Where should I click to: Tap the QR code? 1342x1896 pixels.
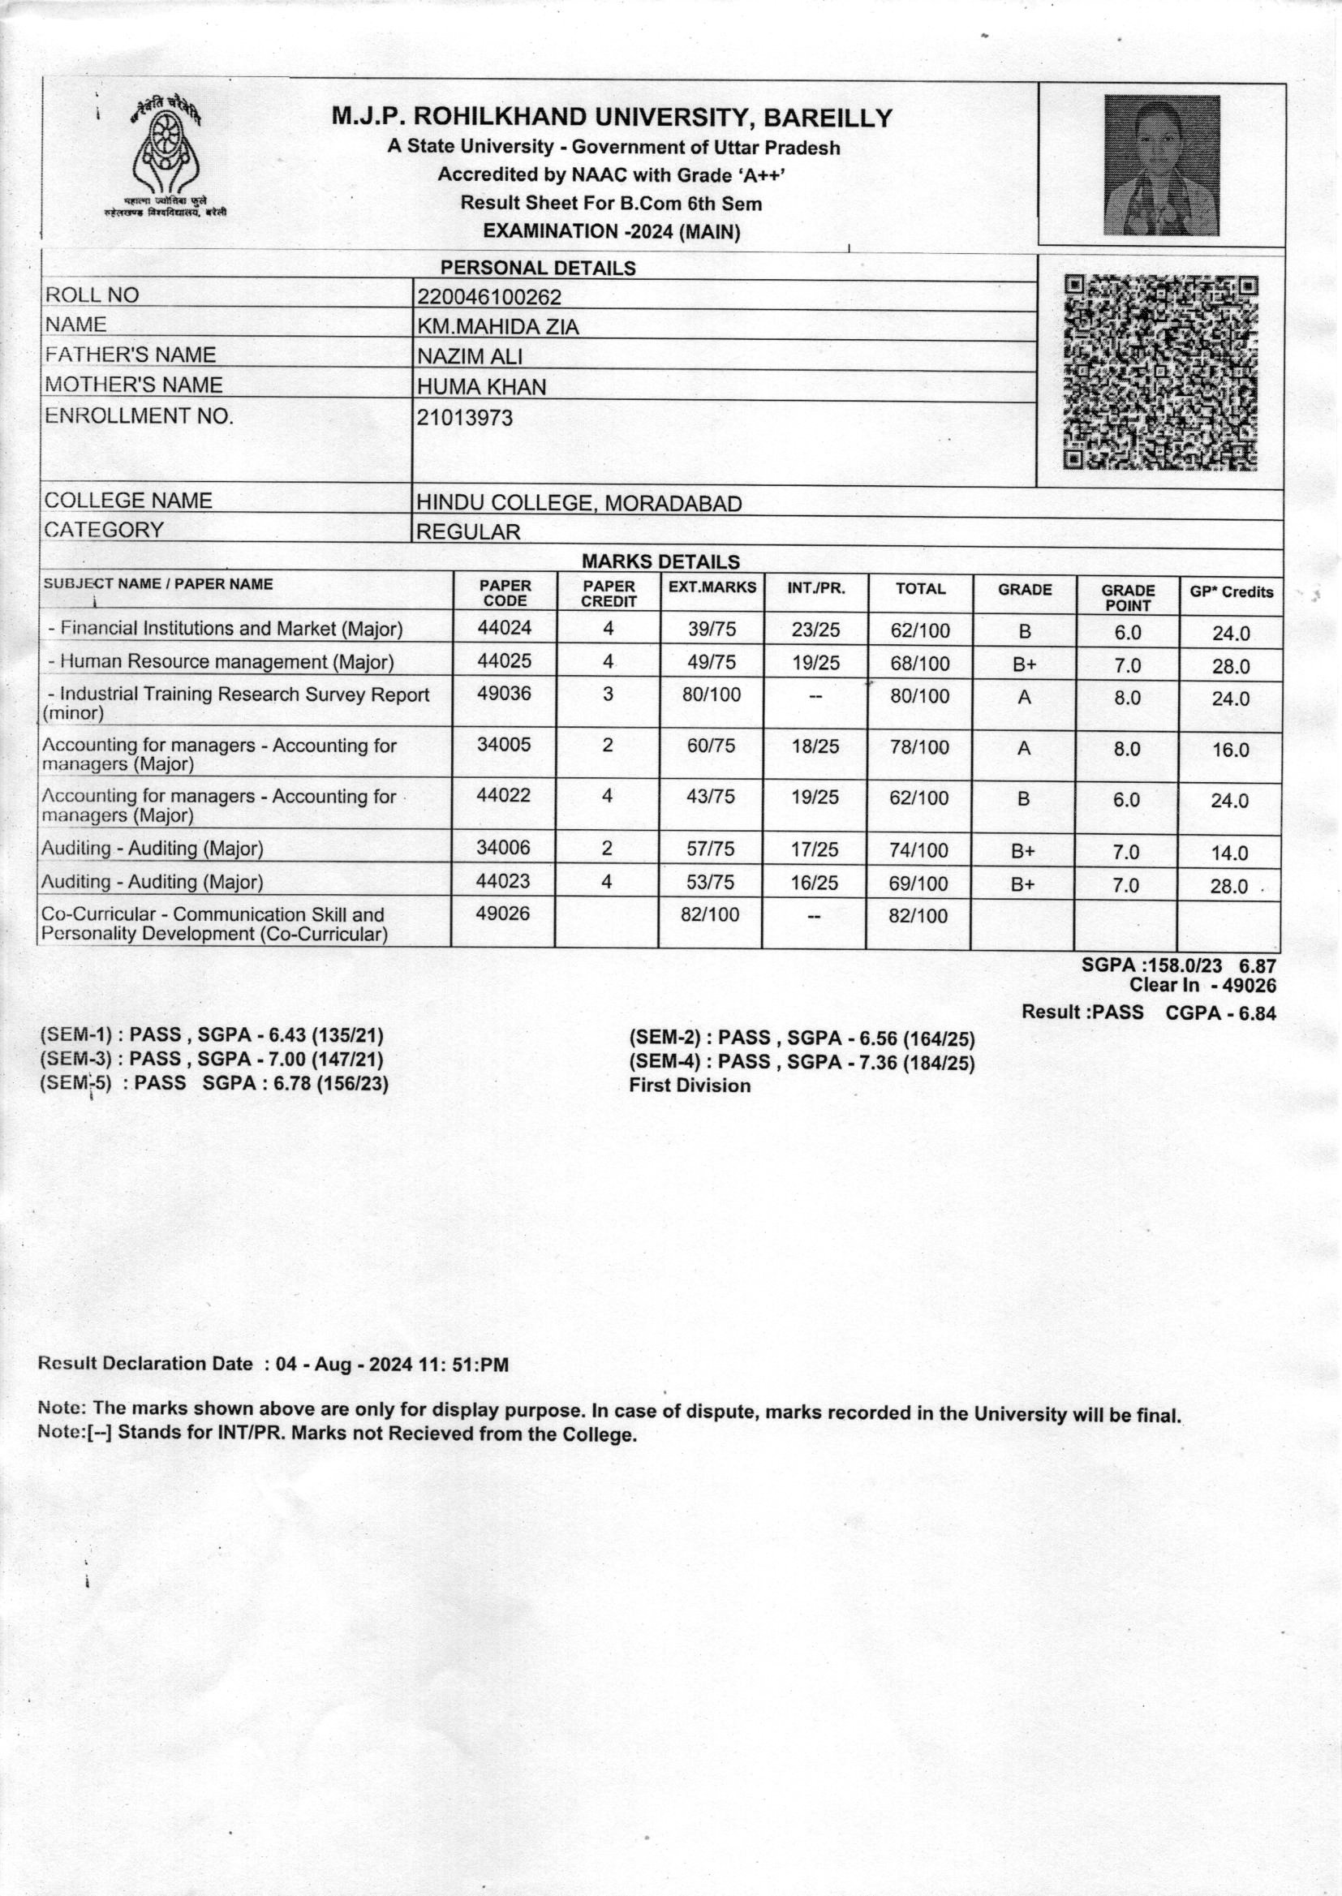pos(1160,373)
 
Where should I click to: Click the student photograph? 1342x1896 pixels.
pos(1162,165)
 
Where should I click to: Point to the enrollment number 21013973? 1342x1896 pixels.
pos(464,418)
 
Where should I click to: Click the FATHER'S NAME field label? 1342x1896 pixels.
pos(130,355)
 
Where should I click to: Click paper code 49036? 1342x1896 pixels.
pos(504,694)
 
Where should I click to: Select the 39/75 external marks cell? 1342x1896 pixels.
pos(712,630)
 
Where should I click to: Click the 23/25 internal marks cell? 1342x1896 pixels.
pos(815,630)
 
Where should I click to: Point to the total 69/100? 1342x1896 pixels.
pos(919,884)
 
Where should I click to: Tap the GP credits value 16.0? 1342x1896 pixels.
pos(1229,750)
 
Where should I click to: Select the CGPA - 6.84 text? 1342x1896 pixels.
pos(1220,1012)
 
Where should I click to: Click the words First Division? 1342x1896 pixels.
pos(690,1086)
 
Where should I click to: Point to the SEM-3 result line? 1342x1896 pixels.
pos(212,1059)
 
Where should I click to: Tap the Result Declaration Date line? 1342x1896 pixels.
pos(273,1364)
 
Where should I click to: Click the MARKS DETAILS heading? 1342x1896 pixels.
pos(660,561)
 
